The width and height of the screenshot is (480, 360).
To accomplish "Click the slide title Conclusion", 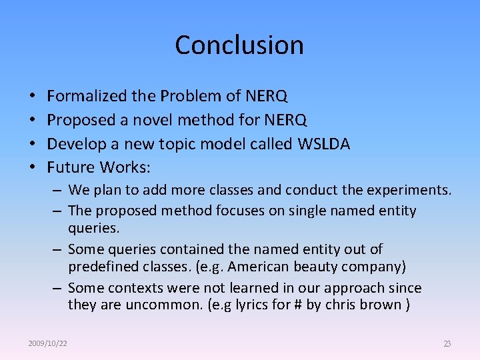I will tap(239, 45).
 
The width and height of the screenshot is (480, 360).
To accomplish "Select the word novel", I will tap(173, 120).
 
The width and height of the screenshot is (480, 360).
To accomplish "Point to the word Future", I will tap(71, 167).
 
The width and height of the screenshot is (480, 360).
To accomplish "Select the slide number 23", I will tap(447, 343).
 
